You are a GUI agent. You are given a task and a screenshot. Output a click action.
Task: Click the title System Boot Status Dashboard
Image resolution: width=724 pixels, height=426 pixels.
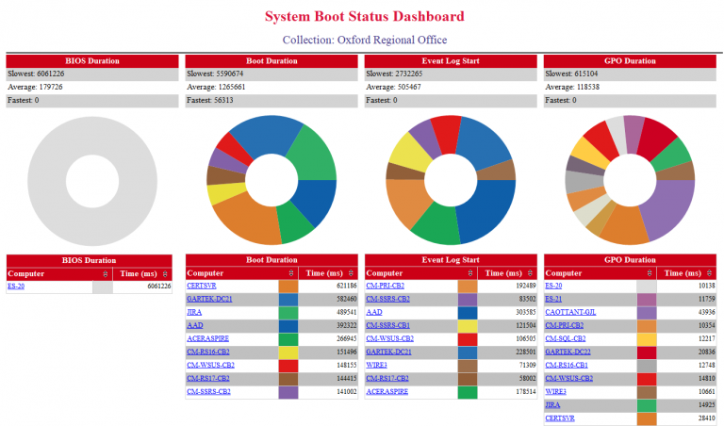[364, 16]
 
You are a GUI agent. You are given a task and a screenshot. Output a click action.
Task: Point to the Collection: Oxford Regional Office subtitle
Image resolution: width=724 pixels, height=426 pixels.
[364, 40]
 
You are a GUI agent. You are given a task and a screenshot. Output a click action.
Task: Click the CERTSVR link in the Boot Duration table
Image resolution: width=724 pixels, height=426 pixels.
[202, 285]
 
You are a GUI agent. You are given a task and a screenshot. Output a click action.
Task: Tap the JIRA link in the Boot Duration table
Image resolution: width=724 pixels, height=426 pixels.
[194, 311]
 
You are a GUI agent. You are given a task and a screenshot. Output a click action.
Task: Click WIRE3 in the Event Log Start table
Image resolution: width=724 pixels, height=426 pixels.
[376, 364]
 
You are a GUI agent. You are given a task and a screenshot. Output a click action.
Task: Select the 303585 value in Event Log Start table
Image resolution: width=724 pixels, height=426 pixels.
[510, 311]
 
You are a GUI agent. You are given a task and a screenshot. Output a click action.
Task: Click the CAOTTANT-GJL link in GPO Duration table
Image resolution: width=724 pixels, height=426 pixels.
[572, 311]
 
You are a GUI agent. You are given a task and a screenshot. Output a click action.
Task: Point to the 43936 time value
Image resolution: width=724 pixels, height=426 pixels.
[690, 311]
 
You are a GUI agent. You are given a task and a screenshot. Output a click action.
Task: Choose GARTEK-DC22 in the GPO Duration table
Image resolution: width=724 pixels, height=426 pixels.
[569, 351]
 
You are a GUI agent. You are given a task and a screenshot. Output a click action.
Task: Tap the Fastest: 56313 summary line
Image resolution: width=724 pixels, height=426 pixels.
[213, 100]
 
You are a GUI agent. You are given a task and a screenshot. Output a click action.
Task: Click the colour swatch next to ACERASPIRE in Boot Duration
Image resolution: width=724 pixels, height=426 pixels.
[288, 337]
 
